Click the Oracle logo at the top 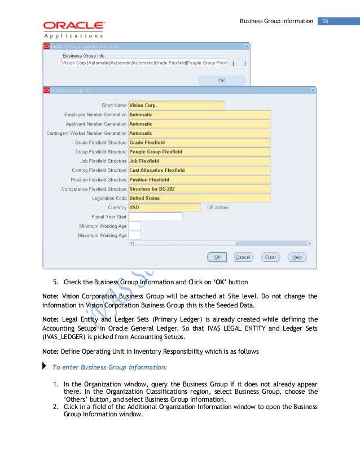(73, 26)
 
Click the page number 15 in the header (326, 21)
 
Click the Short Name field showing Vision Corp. (176, 105)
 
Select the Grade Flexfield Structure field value (199, 143)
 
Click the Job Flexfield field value (199, 161)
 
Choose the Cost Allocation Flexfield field (199, 170)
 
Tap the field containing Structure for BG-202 (199, 189)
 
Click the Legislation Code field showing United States (199, 199)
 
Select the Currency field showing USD (165, 208)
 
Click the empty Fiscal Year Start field (156, 217)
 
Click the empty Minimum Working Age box (135, 226)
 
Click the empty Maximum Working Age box (135, 235)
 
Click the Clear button (270, 257)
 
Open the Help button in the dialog (297, 257)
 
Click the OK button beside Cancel (217, 257)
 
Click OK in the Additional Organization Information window (222, 81)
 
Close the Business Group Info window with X (313, 90)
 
